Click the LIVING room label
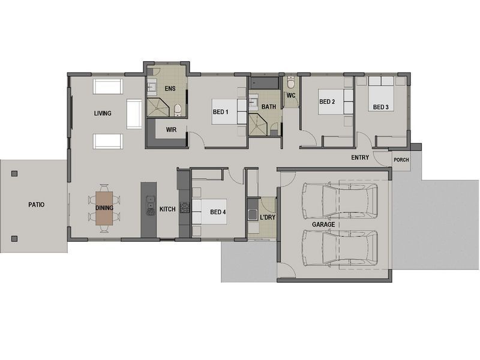pyautogui.click(x=103, y=113)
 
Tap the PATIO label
pyautogui.click(x=36, y=205)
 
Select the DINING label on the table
pyautogui.click(x=104, y=208)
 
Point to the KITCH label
pyautogui.click(x=167, y=209)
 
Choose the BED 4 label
pyautogui.click(x=218, y=212)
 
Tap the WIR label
pyautogui.click(x=171, y=129)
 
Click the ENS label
pyautogui.click(x=170, y=89)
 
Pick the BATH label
pyautogui.click(x=269, y=107)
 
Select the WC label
pyautogui.click(x=291, y=95)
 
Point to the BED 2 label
pyautogui.click(x=326, y=102)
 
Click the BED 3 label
pyautogui.click(x=381, y=107)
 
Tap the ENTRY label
pyautogui.click(x=360, y=158)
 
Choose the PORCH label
pyautogui.click(x=401, y=160)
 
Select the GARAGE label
pyautogui.click(x=323, y=224)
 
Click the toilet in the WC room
pyautogui.click(x=290, y=83)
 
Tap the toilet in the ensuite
pyautogui.click(x=178, y=109)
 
